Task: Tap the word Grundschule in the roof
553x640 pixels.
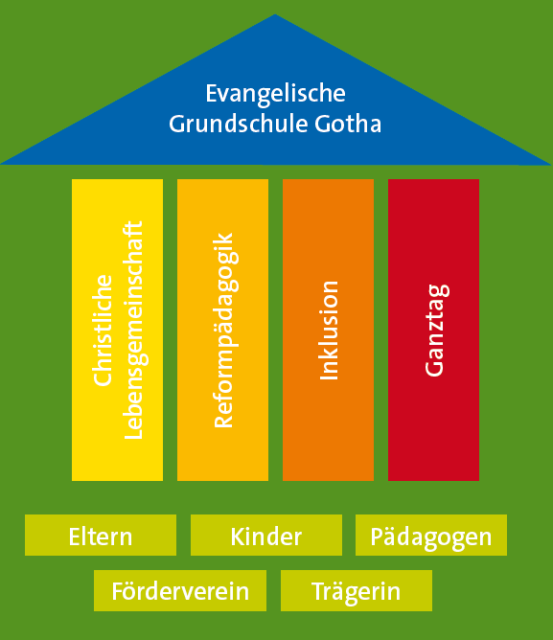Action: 238,124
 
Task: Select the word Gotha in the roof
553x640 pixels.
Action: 348,124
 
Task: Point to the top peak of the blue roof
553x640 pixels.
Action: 275,14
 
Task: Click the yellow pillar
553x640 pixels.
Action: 117,330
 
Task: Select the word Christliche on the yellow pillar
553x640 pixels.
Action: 103,331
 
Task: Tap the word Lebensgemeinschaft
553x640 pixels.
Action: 134,331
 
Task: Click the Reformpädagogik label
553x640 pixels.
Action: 225,331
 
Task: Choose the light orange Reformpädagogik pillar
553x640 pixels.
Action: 222,330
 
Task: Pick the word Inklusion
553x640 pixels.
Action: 329,331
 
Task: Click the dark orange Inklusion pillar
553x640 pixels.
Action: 328,330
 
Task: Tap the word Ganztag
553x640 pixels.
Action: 437,331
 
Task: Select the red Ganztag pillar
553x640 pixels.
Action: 433,330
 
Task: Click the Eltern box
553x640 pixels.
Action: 101,536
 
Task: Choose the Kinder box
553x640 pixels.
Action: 266,536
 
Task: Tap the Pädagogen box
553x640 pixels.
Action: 431,536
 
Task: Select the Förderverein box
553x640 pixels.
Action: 180,590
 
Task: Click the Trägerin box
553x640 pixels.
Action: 357,590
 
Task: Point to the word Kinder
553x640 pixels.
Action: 266,537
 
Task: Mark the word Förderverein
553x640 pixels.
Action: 180,591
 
